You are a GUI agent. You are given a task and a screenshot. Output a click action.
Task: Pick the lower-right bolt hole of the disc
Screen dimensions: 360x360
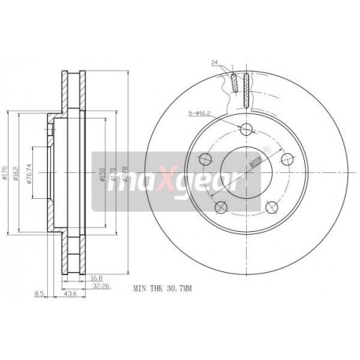271,206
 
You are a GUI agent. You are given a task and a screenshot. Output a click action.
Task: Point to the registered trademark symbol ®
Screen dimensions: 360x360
266,149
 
